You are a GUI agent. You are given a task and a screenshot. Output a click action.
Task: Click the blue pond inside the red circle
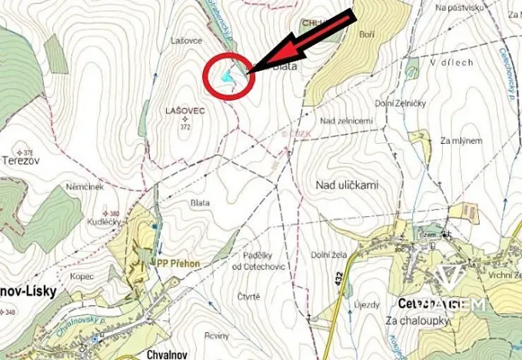[225, 76]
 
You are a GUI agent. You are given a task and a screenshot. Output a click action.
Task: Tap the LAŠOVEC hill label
[185, 111]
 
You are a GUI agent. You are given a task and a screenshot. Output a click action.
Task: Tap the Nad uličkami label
[347, 185]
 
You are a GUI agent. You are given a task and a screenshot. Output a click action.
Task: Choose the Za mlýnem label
[461, 141]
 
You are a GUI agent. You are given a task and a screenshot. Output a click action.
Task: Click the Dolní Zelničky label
[400, 103]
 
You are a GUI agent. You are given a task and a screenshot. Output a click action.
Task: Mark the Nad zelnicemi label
[346, 120]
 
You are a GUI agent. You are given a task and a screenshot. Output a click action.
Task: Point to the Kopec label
[81, 276]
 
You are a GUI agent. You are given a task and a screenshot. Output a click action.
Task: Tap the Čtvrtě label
[248, 296]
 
